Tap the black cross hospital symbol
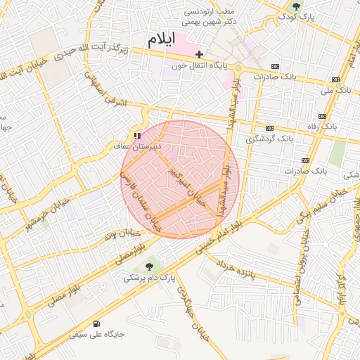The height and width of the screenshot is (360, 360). point(200,54)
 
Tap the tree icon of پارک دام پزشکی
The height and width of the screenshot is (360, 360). point(148,266)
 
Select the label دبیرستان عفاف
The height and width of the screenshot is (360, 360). point(138,146)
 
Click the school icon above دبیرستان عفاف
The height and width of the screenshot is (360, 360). point(136,135)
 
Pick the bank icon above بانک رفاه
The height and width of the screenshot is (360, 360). point(322,116)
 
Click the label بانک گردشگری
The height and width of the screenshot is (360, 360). point(269,139)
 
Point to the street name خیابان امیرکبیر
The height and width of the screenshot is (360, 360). point(186,182)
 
